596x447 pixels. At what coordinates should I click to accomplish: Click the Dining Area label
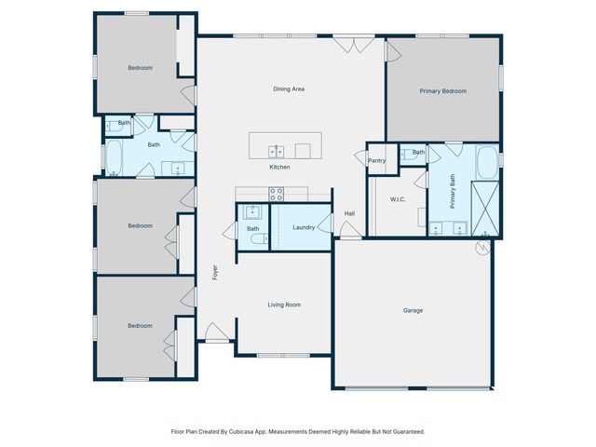[289, 89]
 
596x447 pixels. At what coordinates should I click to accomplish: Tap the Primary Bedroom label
[442, 91]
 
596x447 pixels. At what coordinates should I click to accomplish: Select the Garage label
[413, 310]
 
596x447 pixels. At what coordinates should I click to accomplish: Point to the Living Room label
[284, 305]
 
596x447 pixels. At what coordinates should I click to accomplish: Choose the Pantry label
[377, 160]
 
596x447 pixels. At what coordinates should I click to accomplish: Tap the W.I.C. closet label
[397, 198]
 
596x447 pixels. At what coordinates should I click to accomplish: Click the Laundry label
[303, 227]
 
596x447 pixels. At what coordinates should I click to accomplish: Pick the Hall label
[349, 213]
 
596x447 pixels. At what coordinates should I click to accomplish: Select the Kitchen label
[279, 167]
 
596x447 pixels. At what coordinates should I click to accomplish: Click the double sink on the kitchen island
[277, 150]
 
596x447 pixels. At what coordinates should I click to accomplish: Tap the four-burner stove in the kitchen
[277, 194]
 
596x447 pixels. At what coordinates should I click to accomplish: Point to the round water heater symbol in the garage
[482, 248]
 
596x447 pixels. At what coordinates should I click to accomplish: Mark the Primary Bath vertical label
[454, 196]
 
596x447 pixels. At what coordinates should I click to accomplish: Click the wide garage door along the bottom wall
[414, 387]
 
